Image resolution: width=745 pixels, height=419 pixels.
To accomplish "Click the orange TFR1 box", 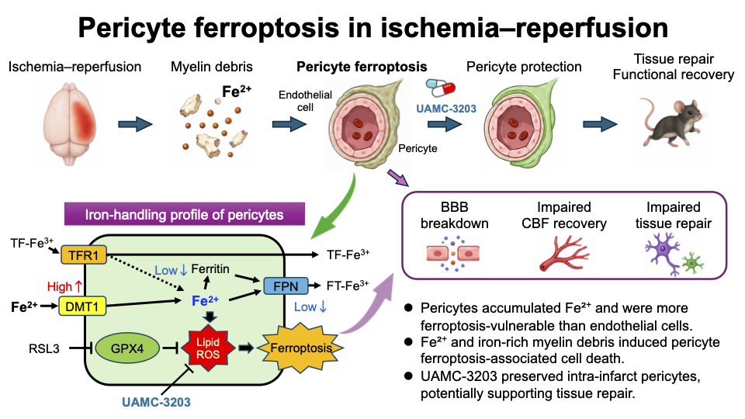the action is pyautogui.click(x=84, y=255).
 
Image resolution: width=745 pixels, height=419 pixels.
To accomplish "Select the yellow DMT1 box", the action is pyautogui.click(x=81, y=306).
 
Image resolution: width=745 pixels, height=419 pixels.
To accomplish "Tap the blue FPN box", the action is pyautogui.click(x=286, y=286).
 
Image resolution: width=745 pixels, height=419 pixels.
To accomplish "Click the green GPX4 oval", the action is pyautogui.click(x=127, y=348).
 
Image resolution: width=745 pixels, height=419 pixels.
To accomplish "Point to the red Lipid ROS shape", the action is pyautogui.click(x=208, y=348).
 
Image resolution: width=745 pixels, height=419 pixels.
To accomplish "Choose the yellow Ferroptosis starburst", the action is pyautogui.click(x=300, y=348).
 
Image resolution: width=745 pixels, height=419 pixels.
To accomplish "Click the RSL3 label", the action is pyautogui.click(x=43, y=348).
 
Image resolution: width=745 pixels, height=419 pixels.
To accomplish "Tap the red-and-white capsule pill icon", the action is pyautogui.click(x=441, y=88).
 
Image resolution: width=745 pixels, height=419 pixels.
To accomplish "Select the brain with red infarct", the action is pyautogui.click(x=70, y=123).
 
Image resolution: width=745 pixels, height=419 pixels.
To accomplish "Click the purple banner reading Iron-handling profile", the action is pyautogui.click(x=185, y=214).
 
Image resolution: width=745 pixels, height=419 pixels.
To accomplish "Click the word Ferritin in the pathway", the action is pyautogui.click(x=210, y=269).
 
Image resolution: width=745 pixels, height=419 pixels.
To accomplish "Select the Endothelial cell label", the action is pyautogui.click(x=305, y=101).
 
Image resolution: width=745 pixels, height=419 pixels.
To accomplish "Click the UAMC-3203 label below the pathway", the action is pyautogui.click(x=156, y=402).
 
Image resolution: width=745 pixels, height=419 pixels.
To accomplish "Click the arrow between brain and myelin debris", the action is pyautogui.click(x=135, y=124).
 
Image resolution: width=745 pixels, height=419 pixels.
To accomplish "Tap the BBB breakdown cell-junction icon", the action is pyautogui.click(x=452, y=254).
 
